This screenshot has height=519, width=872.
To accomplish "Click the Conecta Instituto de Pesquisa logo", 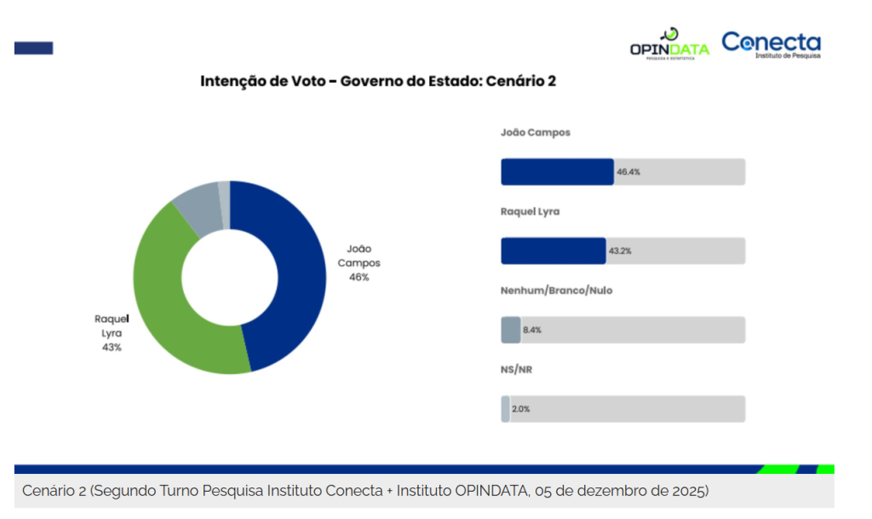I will [x=772, y=44].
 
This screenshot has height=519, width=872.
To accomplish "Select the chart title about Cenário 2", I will [x=378, y=81].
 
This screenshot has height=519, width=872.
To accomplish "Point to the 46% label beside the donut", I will [x=359, y=277].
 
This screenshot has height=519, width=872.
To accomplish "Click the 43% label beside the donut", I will [x=112, y=347].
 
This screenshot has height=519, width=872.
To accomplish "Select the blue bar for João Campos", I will [x=557, y=171].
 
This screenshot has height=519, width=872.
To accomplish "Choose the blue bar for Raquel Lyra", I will [x=553, y=251].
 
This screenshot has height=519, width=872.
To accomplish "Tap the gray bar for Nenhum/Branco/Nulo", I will [x=510, y=330].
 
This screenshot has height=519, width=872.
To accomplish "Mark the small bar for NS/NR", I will [x=505, y=409].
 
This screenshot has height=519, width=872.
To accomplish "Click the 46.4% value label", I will [x=628, y=172].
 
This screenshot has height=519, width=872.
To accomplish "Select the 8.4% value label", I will [x=532, y=331].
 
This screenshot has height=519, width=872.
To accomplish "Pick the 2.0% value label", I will [x=521, y=409].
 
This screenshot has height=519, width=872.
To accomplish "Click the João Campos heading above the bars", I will [x=536, y=133].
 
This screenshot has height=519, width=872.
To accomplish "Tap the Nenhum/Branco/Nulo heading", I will [x=556, y=291].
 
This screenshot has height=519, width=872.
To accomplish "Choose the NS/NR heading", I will [x=516, y=370].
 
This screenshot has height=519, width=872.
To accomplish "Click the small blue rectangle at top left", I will [x=33, y=48].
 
